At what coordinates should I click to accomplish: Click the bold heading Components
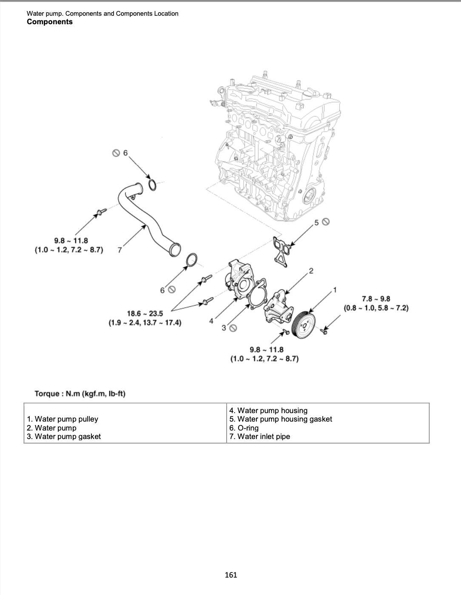pyautogui.click(x=49, y=22)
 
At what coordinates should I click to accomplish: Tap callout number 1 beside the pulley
pyautogui.click(x=335, y=290)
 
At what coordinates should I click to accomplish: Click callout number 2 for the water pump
pyautogui.click(x=311, y=271)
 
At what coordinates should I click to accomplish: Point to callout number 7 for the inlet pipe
pyautogui.click(x=120, y=250)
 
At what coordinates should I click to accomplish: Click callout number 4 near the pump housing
pyautogui.click(x=211, y=321)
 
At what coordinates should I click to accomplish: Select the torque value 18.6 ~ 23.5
pyautogui.click(x=145, y=314)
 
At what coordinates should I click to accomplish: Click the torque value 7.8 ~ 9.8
pyautogui.click(x=376, y=299)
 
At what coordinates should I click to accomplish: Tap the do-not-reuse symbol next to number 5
pyautogui.click(x=326, y=221)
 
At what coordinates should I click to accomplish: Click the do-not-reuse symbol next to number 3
pyautogui.click(x=233, y=328)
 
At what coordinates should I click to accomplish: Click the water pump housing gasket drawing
pyautogui.click(x=280, y=250)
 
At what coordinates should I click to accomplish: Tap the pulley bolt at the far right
pyautogui.click(x=325, y=330)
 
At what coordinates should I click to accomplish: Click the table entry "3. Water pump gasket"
pyautogui.click(x=64, y=436)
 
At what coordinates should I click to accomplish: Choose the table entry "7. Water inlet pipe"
pyautogui.click(x=259, y=436)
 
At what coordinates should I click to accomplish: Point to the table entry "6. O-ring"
pyautogui.click(x=244, y=428)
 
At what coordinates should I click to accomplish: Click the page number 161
pyautogui.click(x=230, y=575)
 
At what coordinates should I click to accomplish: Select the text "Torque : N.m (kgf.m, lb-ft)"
pyautogui.click(x=80, y=394)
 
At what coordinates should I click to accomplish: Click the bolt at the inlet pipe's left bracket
pyautogui.click(x=100, y=212)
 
